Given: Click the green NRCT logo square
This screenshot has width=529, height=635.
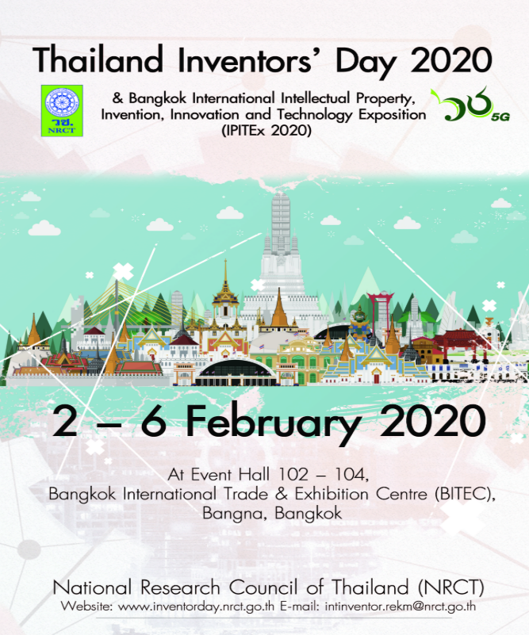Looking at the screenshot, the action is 62,110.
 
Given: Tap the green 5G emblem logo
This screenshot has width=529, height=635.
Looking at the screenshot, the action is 470,104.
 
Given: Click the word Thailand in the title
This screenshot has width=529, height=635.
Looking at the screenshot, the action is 98,60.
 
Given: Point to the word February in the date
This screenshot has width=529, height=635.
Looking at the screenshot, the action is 273,422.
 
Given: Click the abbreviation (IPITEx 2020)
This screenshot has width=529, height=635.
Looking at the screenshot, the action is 266,131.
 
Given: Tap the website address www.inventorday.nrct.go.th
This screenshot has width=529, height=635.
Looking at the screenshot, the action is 196,606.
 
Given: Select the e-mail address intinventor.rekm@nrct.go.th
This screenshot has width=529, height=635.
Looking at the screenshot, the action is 401,606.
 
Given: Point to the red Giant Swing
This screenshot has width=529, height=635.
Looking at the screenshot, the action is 381,312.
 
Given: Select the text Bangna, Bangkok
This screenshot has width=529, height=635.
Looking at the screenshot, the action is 272,513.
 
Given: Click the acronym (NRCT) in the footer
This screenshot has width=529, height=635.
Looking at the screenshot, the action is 450,587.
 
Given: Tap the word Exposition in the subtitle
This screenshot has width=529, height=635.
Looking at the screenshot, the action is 392,115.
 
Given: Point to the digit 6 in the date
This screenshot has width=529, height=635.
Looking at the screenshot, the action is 154,421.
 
